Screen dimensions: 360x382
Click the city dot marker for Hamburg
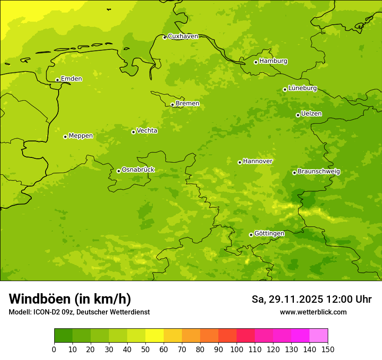pyautogui.click(x=256, y=62)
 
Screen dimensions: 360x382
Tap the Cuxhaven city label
pyautogui.click(x=183, y=36)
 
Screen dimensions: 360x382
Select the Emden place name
pyautogui.click(x=71, y=79)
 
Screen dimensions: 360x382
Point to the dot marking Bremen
pyautogui.click(x=172, y=105)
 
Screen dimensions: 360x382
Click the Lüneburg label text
pyautogui.click(x=303, y=88)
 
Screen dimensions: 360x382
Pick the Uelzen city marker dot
pyautogui.click(x=298, y=115)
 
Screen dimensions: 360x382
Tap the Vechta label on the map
pyautogui.click(x=147, y=131)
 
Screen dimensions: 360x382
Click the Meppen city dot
pyautogui.click(x=65, y=137)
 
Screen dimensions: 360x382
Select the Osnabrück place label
pyautogui.click(x=138, y=170)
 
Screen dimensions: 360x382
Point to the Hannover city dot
pyautogui.click(x=240, y=162)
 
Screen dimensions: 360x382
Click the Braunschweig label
pyautogui.click(x=319, y=172)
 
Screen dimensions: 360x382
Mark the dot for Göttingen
pyautogui.click(x=251, y=235)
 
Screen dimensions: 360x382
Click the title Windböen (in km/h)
pyautogui.click(x=70, y=299)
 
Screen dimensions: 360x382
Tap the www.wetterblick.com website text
pyautogui.click(x=313, y=312)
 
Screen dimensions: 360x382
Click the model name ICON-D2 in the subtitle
pyautogui.click(x=46, y=312)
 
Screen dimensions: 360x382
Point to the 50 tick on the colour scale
pyautogui.click(x=145, y=349)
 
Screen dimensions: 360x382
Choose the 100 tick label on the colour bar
pyautogui.click(x=237, y=349)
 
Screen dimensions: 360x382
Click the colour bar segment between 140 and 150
pyautogui.click(x=319, y=336)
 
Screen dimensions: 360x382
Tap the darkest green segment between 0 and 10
pyautogui.click(x=63, y=336)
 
